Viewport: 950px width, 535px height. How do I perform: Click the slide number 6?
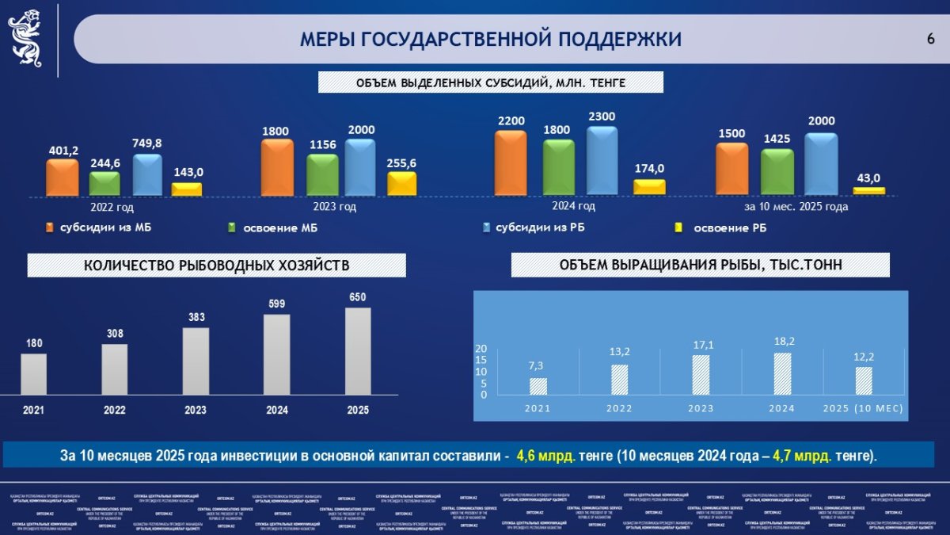[x=930, y=39]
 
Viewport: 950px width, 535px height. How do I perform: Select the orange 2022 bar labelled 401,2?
[x=63, y=178]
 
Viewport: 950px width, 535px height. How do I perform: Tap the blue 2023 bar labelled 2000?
[x=360, y=167]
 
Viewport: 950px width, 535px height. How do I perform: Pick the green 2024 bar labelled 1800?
[x=559, y=168]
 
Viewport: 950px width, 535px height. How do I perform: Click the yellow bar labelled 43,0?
[x=868, y=191]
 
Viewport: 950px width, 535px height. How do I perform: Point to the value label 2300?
[x=602, y=117]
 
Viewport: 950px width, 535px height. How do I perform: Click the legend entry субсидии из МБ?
[x=99, y=228]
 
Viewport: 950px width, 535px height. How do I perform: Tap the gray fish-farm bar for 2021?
[x=33, y=374]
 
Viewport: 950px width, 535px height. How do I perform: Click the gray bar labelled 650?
[x=358, y=351]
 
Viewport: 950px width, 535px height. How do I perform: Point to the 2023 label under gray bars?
[x=196, y=411]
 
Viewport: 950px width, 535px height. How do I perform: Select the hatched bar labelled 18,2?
[x=782, y=373]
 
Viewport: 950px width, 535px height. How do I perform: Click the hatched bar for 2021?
[x=538, y=386]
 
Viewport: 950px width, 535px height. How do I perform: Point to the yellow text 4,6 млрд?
[x=545, y=457]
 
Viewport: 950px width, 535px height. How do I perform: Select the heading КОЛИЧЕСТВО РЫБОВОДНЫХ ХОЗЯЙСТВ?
[x=216, y=266]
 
